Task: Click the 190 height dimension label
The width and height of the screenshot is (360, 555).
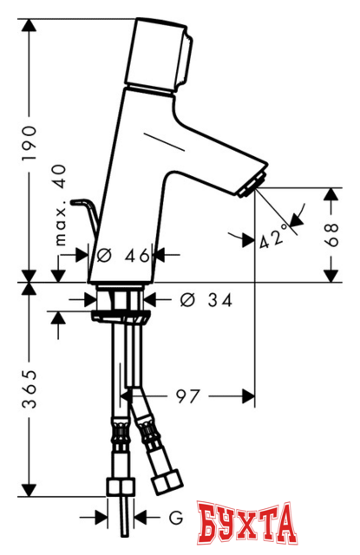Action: (x=29, y=142)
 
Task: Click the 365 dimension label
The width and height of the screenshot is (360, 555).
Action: (x=29, y=389)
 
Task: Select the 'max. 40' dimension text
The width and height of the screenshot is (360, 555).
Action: (x=60, y=206)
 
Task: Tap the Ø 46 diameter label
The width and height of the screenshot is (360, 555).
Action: (x=123, y=255)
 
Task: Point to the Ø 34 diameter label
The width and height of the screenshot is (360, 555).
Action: (x=206, y=300)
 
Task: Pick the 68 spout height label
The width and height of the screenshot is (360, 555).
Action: (x=331, y=235)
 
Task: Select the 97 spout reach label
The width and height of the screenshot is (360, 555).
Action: (x=188, y=396)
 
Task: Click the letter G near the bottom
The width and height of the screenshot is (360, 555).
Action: (x=175, y=518)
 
